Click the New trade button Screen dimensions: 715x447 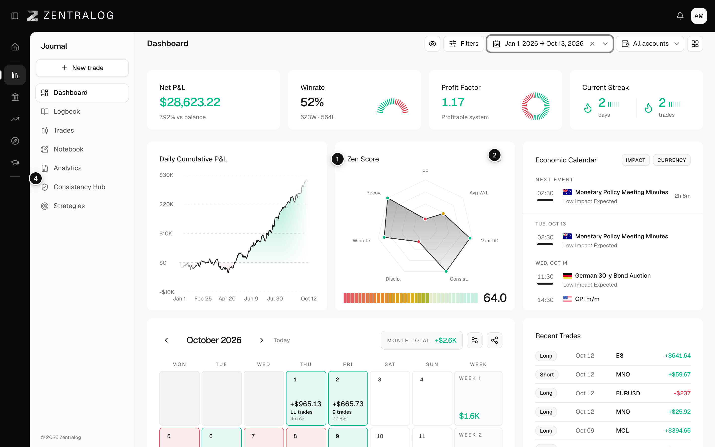(82, 68)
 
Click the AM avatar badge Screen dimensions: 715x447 (699, 16)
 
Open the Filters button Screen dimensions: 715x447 (464, 44)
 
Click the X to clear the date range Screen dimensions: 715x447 (592, 44)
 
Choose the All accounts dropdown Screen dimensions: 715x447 (650, 44)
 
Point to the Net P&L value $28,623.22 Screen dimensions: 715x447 (190, 102)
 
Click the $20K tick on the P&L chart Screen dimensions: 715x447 (166, 204)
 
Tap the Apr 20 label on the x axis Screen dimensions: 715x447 (227, 298)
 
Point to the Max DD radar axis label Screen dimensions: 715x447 (489, 241)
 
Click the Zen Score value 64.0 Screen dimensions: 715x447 (495, 298)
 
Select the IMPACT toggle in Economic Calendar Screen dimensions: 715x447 (636, 160)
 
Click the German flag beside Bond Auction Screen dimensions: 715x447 (567, 276)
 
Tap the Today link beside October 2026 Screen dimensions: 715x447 (282, 340)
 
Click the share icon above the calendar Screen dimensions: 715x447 (495, 340)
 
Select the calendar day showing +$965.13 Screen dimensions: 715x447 (306, 398)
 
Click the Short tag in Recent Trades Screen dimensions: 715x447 (547, 374)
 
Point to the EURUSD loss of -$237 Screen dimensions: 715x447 (682, 393)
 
